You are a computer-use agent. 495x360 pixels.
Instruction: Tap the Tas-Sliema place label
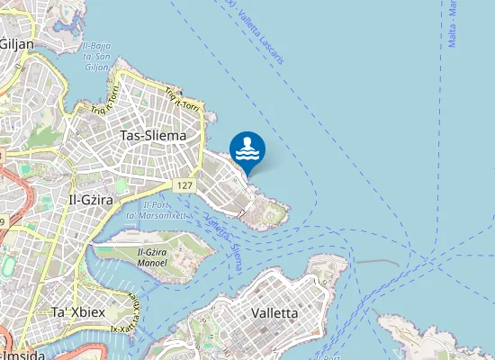[x=153, y=135]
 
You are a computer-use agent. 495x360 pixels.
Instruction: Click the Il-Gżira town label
[x=91, y=199]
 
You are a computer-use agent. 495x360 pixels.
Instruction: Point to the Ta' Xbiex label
[x=78, y=312]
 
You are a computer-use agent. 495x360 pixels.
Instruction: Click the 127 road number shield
[x=184, y=185]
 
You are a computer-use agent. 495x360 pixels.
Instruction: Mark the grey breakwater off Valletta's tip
[x=377, y=262]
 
